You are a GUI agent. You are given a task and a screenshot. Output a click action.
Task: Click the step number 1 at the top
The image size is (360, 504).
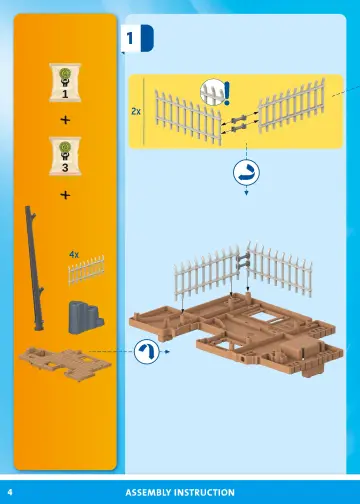click(129, 38)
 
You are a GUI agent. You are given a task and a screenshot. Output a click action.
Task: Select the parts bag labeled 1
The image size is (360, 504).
click(65, 83)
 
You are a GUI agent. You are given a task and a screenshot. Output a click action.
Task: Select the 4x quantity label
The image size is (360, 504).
click(73, 255)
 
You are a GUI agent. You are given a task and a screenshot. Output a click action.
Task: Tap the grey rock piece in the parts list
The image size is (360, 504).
click(81, 315)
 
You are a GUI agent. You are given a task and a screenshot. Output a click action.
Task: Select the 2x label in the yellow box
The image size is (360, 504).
click(136, 112)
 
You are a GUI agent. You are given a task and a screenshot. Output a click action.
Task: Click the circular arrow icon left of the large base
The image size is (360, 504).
click(146, 351)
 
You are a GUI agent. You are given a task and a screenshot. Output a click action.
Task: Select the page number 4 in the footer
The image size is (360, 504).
click(10, 492)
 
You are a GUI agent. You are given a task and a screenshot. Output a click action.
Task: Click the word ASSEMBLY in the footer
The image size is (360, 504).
click(151, 492)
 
